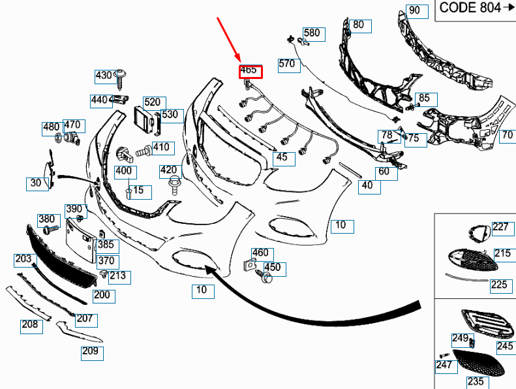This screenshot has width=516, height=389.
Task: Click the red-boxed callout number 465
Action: point(250,72)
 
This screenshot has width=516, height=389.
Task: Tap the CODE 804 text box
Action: point(476,10)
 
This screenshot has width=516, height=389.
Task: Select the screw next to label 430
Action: point(121,80)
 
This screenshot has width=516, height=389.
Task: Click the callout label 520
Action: point(155,103)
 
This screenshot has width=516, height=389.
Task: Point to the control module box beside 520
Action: point(144,121)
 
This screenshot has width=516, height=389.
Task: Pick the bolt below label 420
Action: point(174,186)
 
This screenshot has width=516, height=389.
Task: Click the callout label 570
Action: point(289,65)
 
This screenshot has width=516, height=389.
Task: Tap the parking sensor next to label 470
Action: point(72,138)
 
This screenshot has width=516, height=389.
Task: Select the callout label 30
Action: point(38,184)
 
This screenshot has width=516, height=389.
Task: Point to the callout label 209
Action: point(92,353)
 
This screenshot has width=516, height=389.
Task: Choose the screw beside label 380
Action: point(51,229)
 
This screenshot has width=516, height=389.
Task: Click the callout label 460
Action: point(262,255)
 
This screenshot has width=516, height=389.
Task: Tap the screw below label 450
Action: point(265,277)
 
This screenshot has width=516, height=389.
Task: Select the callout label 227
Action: point(503,229)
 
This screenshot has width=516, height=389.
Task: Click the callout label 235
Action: point(478,382)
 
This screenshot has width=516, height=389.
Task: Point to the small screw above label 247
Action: point(445,356)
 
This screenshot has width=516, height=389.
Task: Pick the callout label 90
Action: point(417,12)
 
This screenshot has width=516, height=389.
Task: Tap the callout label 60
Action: point(386,174)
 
